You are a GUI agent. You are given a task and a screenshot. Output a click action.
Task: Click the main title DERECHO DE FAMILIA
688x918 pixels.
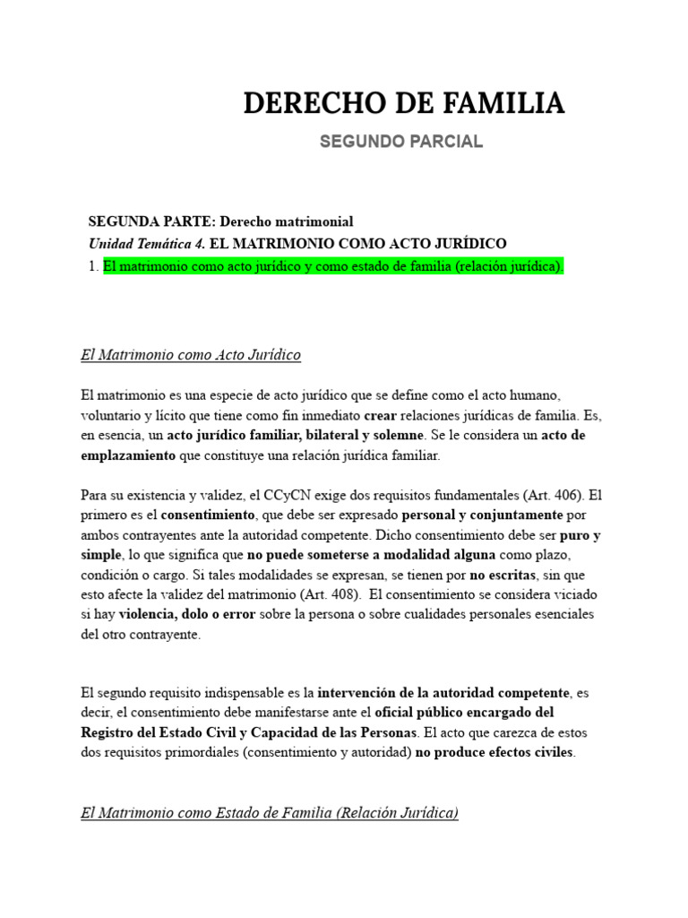pos(404,104)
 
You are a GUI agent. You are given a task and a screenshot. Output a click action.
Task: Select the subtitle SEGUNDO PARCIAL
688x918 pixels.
pos(400,142)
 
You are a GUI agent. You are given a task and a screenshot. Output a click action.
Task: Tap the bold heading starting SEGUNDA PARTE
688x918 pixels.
pos(220,221)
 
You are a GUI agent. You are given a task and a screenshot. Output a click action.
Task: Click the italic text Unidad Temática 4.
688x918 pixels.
pos(146,244)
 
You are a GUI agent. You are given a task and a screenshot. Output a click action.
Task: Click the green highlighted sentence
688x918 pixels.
pos(333,266)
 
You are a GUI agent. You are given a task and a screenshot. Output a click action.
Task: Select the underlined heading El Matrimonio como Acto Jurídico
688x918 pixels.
pos(190,355)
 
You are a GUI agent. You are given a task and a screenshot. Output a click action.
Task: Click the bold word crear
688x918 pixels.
pos(380,416)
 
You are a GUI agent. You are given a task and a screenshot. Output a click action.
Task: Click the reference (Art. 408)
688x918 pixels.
pos(331,594)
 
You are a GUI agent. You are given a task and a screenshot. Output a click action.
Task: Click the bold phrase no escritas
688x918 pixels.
pos(500,575)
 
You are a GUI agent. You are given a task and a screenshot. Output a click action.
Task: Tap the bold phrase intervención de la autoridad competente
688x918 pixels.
pos(443,693)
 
